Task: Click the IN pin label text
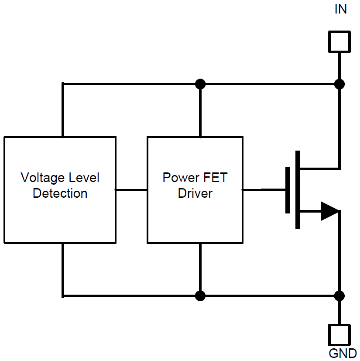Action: (340, 9)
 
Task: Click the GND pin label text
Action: (343, 353)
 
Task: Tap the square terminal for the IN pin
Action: (339, 42)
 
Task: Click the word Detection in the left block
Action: (60, 193)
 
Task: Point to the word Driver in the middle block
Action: (195, 193)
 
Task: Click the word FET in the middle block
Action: (215, 178)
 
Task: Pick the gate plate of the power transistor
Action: (287, 190)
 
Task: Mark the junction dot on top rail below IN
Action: (339, 83)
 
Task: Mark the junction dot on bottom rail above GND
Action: (339, 296)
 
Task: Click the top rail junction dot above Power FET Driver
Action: (200, 83)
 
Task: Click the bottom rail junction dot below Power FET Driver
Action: (200, 296)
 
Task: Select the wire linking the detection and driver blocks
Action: (131, 190)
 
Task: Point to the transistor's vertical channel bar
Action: (298, 190)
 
